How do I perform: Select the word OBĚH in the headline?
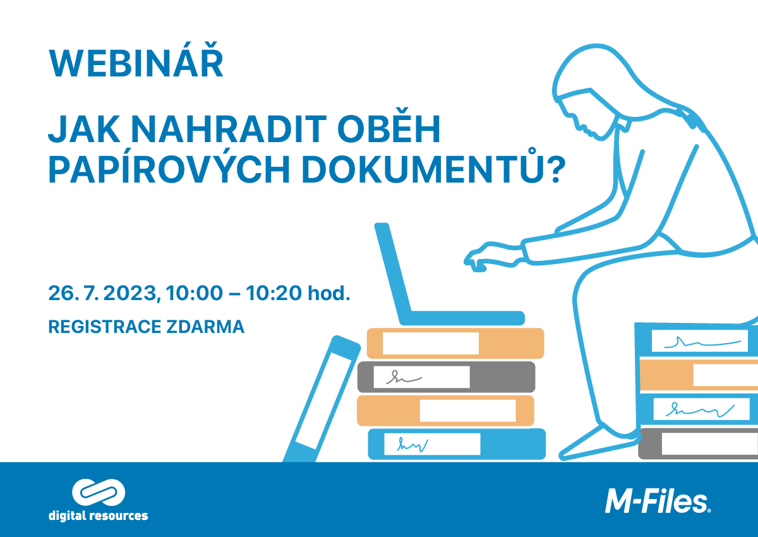coord(389,126)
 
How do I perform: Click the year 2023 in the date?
coord(129,293)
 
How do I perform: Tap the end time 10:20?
coord(274,293)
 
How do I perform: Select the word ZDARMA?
coord(205,327)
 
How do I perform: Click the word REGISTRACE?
coord(105,327)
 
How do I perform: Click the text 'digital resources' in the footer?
coord(98,516)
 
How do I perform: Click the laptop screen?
coord(393,270)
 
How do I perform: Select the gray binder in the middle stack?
coord(447,377)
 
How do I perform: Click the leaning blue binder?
coord(322,399)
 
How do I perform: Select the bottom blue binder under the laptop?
coord(457,444)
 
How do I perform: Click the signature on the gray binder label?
coord(404,377)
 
